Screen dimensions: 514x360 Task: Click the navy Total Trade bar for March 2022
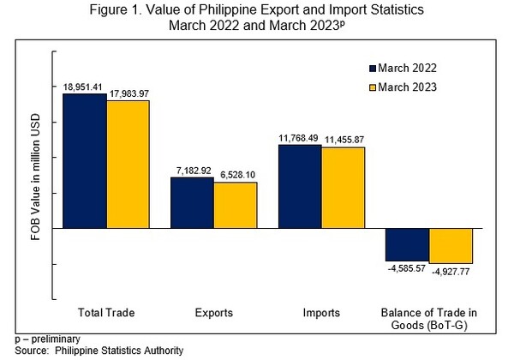(x=85, y=160)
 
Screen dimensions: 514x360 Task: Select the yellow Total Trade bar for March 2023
(x=128, y=165)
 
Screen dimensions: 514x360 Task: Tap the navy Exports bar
(x=192, y=202)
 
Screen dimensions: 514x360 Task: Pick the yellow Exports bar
(x=236, y=205)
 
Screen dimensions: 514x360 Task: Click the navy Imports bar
(x=300, y=186)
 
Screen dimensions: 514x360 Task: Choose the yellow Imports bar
(x=344, y=188)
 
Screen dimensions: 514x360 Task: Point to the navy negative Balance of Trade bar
(x=408, y=244)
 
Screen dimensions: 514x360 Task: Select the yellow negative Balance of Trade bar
(x=451, y=246)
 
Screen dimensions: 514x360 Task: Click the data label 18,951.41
(x=82, y=87)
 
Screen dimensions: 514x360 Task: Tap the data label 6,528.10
(x=237, y=175)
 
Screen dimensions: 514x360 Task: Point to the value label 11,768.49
(x=298, y=138)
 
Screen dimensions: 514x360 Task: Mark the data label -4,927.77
(x=451, y=272)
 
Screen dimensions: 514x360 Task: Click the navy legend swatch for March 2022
(x=373, y=69)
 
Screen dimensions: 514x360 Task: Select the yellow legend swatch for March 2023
(x=373, y=87)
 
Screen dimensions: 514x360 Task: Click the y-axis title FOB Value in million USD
(x=35, y=177)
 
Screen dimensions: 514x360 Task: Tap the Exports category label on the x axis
(x=213, y=313)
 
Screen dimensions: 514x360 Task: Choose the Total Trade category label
(x=106, y=313)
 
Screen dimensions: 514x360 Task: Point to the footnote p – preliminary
(x=47, y=339)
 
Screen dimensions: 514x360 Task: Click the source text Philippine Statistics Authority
(x=119, y=351)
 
